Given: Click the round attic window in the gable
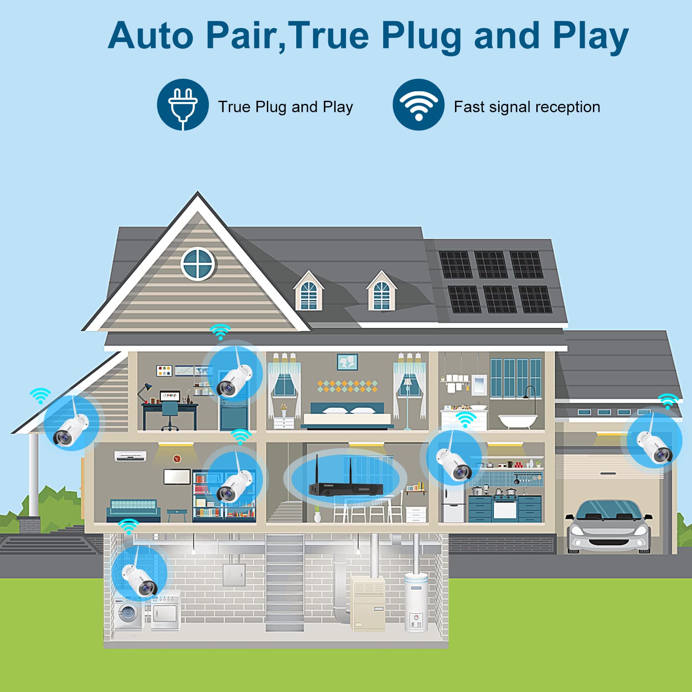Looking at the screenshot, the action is [x=198, y=264].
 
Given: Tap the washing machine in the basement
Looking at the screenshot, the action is [x=128, y=614].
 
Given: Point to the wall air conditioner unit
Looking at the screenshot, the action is [x=130, y=456].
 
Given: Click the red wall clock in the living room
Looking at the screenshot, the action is [x=177, y=459].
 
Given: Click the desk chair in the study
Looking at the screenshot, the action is [x=170, y=416].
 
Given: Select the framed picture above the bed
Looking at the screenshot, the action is [x=347, y=362].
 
